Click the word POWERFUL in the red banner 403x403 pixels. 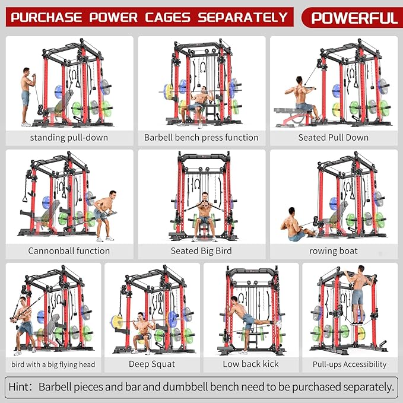pyautogui.click(x=354, y=17)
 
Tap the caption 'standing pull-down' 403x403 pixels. pyautogui.click(x=69, y=137)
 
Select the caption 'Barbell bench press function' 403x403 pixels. pyautogui.click(x=201, y=137)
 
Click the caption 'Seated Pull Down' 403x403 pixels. pyautogui.click(x=333, y=137)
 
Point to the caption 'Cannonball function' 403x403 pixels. pyautogui.click(x=69, y=250)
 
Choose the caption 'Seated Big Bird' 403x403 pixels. pyautogui.click(x=201, y=250)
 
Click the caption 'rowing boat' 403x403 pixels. pyautogui.click(x=333, y=250)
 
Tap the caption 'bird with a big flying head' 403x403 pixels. pyautogui.click(x=53, y=364)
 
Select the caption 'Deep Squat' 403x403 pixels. pyautogui.click(x=152, y=364)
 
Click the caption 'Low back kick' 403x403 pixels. pyautogui.click(x=250, y=364)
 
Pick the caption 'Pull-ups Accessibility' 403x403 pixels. pyautogui.click(x=350, y=364)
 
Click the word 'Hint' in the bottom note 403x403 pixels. pyautogui.click(x=20, y=387)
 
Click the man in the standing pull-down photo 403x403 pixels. pyautogui.click(x=26, y=95)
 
